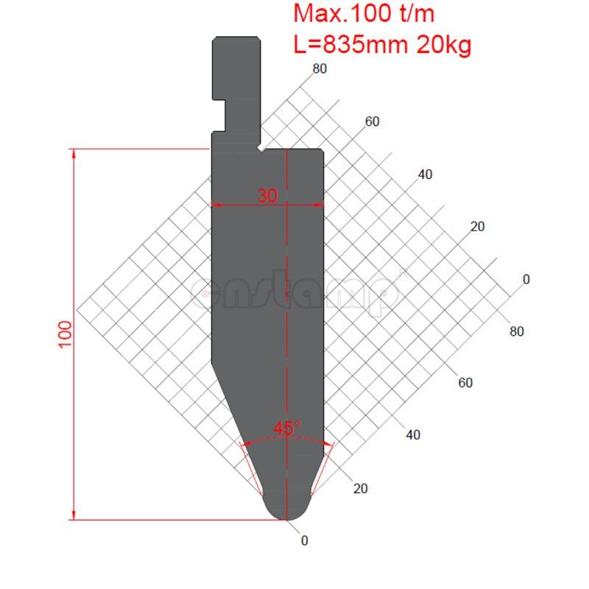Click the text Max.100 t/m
click(363, 13)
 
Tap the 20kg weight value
click(444, 46)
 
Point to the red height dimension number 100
click(65, 335)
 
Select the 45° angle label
click(286, 428)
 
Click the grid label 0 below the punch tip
click(305, 540)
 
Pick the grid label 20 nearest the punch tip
click(361, 488)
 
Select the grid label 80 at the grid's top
click(320, 69)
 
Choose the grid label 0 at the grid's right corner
click(526, 280)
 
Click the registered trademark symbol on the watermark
click(402, 273)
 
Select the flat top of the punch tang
click(236, 38)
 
